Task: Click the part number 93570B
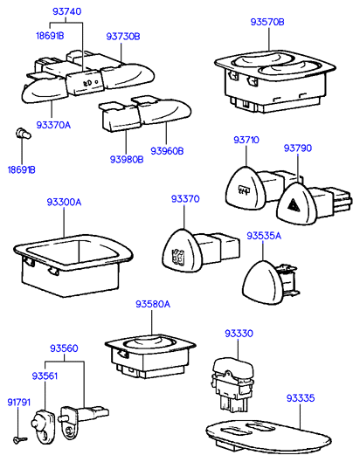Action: pyautogui.click(x=267, y=22)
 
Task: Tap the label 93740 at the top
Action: pyautogui.click(x=66, y=11)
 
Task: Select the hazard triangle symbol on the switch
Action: pyautogui.click(x=294, y=203)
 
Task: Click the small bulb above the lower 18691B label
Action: pyautogui.click(x=23, y=134)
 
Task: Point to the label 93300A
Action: pyautogui.click(x=64, y=203)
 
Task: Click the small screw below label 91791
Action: pyautogui.click(x=19, y=440)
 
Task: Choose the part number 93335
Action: pyautogui.click(x=301, y=398)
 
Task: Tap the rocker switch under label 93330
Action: pyautogui.click(x=232, y=384)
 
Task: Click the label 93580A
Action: pyautogui.click(x=153, y=304)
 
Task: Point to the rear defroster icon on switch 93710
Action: pyautogui.click(x=244, y=190)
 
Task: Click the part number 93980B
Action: pyautogui.click(x=127, y=160)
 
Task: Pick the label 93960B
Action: pyautogui.click(x=167, y=151)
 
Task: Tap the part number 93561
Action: pyautogui.click(x=45, y=376)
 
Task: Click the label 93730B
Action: pyautogui.click(x=123, y=37)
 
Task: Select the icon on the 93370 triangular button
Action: pyautogui.click(x=177, y=256)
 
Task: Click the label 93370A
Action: pyautogui.click(x=53, y=125)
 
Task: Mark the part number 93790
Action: pyautogui.click(x=297, y=148)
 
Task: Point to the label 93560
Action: pyautogui.click(x=64, y=348)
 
